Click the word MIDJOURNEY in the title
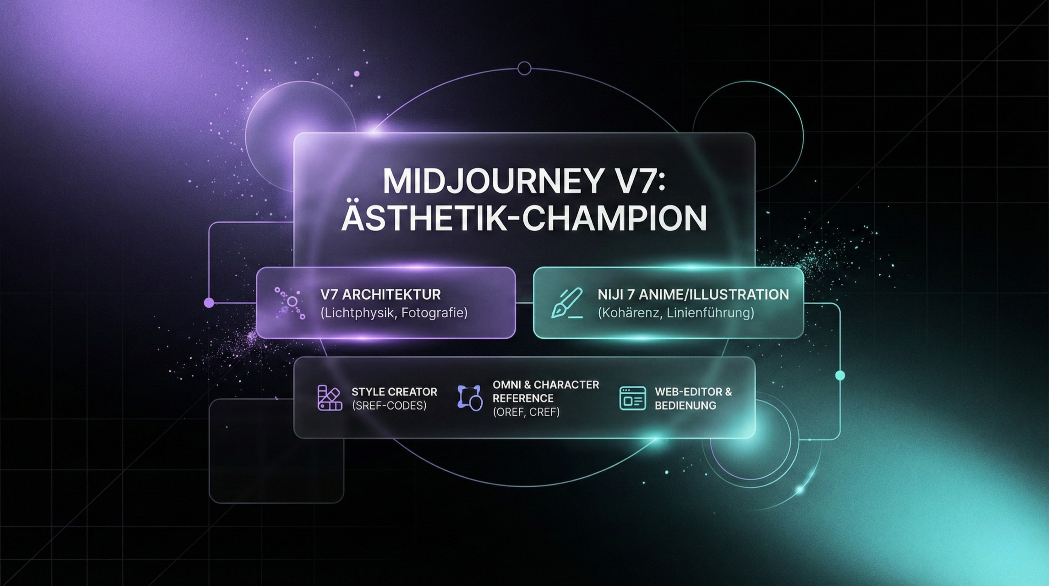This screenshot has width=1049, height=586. pos(492,181)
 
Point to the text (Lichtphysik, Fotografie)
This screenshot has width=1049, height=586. pos(394,313)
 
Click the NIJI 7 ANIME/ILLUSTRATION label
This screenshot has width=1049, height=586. pos(693,294)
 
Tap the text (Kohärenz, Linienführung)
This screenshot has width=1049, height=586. pos(676,313)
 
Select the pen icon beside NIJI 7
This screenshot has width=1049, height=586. pos(567,303)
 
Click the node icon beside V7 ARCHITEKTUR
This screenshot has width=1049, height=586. pos(290,303)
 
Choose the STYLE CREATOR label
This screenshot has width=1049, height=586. pos(394,392)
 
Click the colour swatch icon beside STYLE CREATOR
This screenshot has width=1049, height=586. pos(330,398)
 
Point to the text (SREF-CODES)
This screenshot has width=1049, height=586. pos(389,406)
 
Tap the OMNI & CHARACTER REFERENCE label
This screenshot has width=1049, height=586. pos(546,391)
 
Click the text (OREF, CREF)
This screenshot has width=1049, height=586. pos(526,412)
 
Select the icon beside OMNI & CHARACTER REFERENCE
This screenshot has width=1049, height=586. pos(470,398)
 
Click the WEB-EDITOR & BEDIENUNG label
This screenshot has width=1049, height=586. pos(693,398)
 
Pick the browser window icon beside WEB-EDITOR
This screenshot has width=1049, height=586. pos(633,398)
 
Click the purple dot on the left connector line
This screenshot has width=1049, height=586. pos(209,303)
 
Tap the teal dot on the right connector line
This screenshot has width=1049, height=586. pos(840,375)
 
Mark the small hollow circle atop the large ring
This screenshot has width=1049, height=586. pos(524,68)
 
